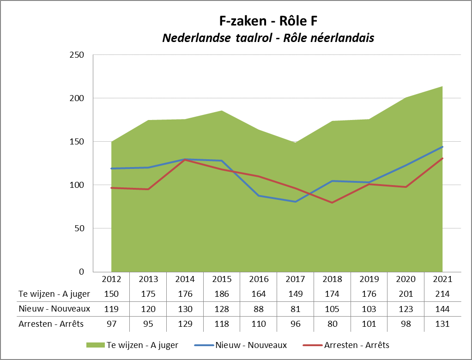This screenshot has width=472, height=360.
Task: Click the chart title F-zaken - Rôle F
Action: coord(268,21)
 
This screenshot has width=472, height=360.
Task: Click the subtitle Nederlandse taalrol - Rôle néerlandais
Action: coord(268,38)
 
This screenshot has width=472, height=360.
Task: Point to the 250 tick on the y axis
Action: coord(77,55)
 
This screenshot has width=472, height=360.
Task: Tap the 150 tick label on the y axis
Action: coord(77,142)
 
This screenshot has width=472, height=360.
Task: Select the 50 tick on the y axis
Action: coord(79,228)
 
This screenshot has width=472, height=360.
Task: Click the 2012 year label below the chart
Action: coord(111,279)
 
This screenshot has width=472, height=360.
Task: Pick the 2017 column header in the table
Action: coord(296,279)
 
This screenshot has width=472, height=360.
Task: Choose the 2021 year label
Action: coord(443,279)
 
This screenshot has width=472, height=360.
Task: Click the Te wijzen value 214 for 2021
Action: coord(443,294)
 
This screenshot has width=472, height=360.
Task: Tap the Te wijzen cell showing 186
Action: coord(222,294)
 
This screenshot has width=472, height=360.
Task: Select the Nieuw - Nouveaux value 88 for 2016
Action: coord(259,309)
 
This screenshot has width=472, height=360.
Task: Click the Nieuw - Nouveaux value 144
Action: coord(443,309)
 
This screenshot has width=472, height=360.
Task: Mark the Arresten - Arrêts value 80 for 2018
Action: coord(333,324)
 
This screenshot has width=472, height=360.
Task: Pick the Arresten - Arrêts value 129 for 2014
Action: coord(185,324)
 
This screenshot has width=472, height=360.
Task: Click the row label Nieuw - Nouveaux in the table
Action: coord(54,309)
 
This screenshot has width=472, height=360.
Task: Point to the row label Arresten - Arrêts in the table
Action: coord(51,324)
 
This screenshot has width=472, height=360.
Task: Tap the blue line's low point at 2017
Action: coord(296,202)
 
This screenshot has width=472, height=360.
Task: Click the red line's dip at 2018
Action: coord(333,203)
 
